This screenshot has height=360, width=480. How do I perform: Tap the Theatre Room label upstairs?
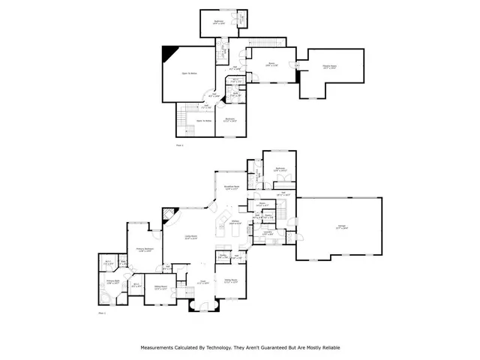point(328,67)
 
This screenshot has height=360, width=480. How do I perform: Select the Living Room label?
point(191,237)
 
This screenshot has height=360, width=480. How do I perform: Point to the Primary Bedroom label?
point(145,250)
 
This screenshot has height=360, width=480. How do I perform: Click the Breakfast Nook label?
point(232,187)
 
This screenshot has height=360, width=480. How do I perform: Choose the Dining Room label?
point(232,282)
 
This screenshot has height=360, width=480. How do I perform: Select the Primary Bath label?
point(113,281)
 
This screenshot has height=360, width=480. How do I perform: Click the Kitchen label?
point(234,223)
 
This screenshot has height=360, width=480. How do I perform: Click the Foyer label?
point(202,282)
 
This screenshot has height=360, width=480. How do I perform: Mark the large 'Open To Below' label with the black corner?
point(189,73)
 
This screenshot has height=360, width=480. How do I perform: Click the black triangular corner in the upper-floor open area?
point(170,52)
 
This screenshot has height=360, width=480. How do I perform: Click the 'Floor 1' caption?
point(102,313)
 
